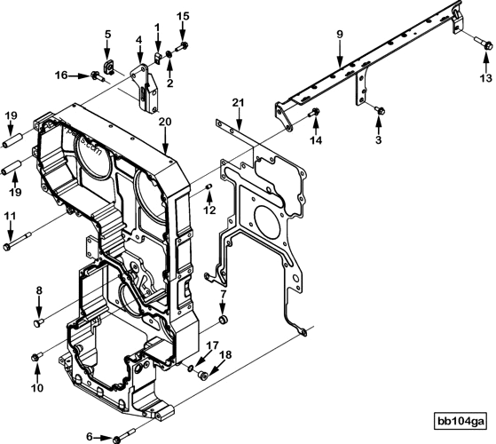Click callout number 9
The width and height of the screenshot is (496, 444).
(x=338, y=35)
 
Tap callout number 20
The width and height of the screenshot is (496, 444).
(x=165, y=121)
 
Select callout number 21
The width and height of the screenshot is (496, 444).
(x=238, y=103)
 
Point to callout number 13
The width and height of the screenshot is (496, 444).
(x=484, y=78)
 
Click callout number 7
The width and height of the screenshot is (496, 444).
(x=223, y=294)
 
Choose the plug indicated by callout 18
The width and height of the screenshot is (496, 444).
(x=203, y=376)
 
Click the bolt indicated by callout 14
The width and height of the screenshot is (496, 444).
(x=315, y=112)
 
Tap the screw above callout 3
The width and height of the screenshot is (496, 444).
(x=379, y=109)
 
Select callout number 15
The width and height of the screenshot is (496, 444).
(x=183, y=15)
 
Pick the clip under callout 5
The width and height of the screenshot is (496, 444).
(x=108, y=66)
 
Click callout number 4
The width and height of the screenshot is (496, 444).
(x=138, y=40)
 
